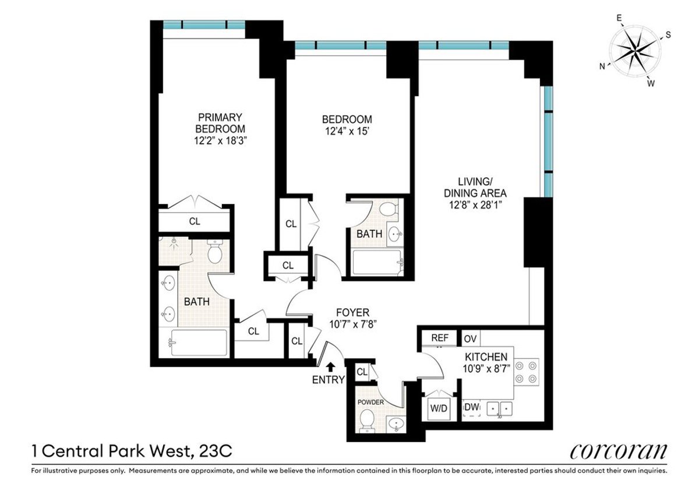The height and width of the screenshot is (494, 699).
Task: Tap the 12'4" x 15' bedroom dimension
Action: click(x=347, y=132)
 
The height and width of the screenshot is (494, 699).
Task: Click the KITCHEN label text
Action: click(x=485, y=357)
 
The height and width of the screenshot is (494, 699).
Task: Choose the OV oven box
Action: click(x=469, y=338)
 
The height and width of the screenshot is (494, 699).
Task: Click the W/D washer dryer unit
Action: click(x=438, y=408)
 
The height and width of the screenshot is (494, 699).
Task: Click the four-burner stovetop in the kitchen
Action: click(x=526, y=372)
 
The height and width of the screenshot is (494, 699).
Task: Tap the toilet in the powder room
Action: click(x=367, y=420)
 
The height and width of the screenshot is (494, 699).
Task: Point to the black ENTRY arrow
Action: click(x=330, y=366)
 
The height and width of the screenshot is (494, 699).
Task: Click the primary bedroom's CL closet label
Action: click(x=194, y=221)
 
